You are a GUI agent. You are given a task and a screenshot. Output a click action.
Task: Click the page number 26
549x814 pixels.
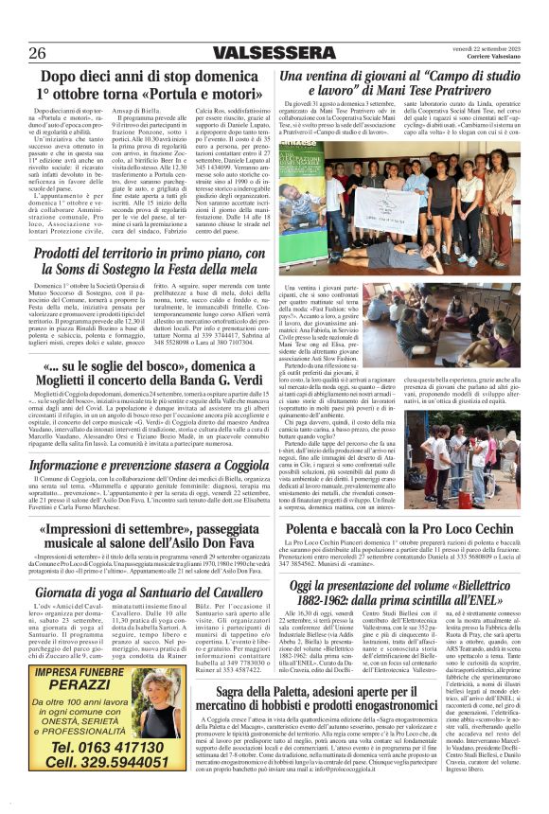click(x=38, y=54)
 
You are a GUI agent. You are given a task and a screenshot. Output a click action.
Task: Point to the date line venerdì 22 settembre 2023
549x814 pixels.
click(x=489, y=48)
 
